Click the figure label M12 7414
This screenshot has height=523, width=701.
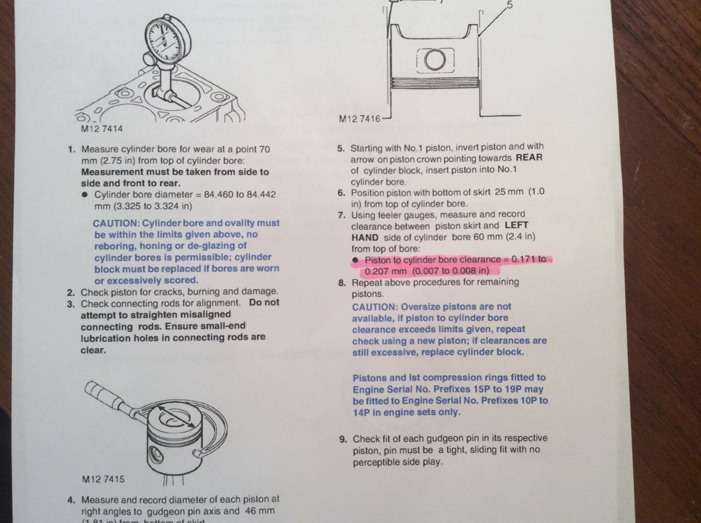(101, 128)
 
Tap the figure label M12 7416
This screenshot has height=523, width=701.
(359, 119)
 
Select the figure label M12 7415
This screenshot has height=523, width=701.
(103, 479)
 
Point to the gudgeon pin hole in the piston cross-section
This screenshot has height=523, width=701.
(434, 60)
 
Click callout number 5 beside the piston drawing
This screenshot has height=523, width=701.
(509, 5)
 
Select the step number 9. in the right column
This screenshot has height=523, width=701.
(343, 439)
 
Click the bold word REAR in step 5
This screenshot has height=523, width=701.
(529, 158)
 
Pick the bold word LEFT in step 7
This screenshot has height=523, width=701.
(516, 225)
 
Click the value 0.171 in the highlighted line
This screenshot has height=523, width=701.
(524, 259)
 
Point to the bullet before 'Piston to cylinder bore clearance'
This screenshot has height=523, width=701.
(356, 260)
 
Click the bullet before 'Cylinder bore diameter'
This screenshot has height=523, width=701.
(85, 195)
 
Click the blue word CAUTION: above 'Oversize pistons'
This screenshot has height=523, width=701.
(375, 307)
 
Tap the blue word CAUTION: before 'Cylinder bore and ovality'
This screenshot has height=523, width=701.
(116, 223)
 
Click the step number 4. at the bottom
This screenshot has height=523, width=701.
(72, 500)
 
